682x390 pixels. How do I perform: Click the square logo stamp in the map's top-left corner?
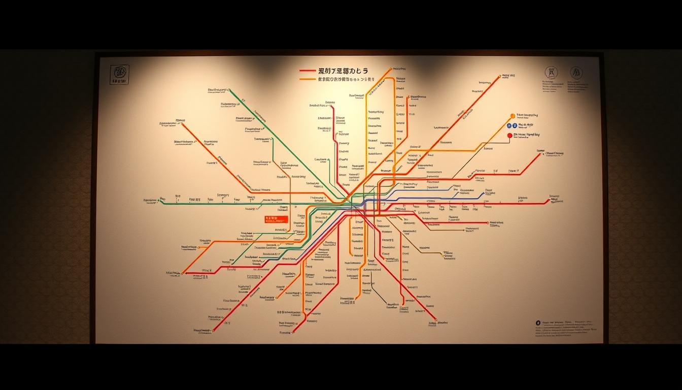point(119,74)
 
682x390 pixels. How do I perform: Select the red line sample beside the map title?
point(308,72)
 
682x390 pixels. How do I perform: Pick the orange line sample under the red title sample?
point(308,79)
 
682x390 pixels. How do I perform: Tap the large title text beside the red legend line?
point(343,71)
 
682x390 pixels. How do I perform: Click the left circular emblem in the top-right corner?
point(551,72)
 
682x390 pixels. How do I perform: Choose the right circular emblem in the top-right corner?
point(576,73)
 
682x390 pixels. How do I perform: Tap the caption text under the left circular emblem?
point(550,86)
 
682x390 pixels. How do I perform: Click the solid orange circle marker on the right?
point(513,116)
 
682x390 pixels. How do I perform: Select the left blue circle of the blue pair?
point(513,125)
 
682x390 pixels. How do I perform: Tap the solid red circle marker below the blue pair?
point(509,136)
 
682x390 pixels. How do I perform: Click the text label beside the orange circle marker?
point(527,116)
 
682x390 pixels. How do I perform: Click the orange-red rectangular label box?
point(276,219)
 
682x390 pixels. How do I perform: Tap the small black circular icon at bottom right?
point(538,322)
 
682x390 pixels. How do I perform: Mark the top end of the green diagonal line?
point(229,90)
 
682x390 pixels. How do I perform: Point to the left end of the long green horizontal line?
point(162,204)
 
